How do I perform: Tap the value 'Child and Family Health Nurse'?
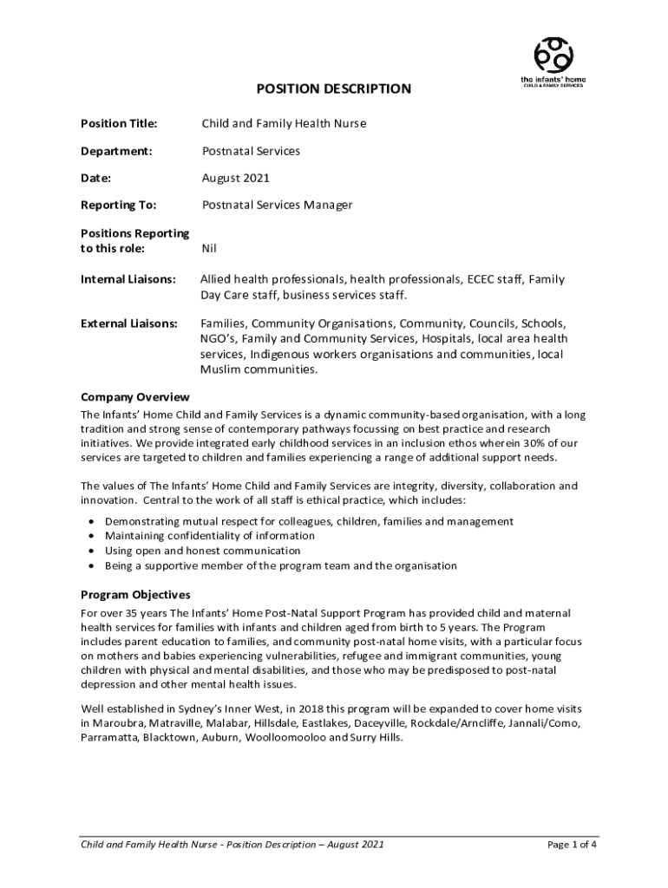click(x=284, y=124)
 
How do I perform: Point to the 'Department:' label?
click(x=116, y=151)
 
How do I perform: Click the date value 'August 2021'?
click(x=235, y=179)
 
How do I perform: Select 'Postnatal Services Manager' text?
click(x=277, y=206)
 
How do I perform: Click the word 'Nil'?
click(x=209, y=248)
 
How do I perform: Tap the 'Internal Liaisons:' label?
click(x=128, y=280)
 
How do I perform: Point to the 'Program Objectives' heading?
click(x=135, y=595)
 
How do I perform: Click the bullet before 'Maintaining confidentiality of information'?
click(x=92, y=536)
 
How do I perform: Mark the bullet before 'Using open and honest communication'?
click(x=92, y=551)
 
